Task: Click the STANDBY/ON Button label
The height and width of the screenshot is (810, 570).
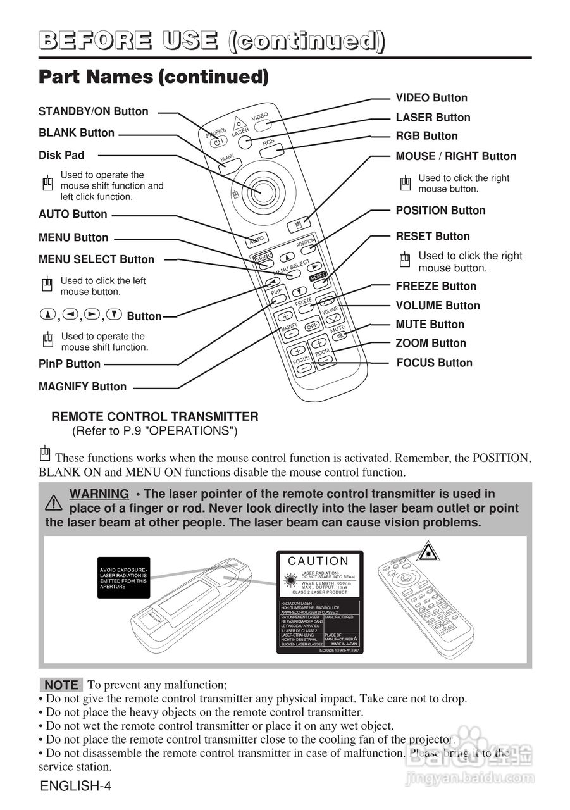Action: click(x=94, y=111)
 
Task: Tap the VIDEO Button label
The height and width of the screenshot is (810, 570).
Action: click(x=431, y=98)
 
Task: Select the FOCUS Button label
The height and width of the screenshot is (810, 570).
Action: click(x=434, y=363)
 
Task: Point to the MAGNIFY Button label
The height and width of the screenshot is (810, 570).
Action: click(x=82, y=387)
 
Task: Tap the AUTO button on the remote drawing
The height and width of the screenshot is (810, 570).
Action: click(x=256, y=240)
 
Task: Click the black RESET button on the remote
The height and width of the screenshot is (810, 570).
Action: click(x=318, y=276)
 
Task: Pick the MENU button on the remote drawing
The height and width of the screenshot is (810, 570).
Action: click(x=263, y=257)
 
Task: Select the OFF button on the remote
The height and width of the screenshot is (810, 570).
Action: click(x=312, y=327)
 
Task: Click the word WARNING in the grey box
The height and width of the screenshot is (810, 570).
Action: click(x=99, y=494)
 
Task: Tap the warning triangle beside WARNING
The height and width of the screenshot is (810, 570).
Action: click(x=54, y=503)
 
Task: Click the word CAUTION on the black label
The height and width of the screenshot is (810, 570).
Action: click(x=318, y=561)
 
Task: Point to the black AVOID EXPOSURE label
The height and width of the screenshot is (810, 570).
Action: click(x=123, y=578)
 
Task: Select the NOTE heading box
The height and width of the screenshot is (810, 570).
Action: click(x=61, y=685)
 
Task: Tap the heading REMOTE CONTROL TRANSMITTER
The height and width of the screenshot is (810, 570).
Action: click(x=154, y=417)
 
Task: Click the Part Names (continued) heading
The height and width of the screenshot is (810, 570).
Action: click(x=154, y=77)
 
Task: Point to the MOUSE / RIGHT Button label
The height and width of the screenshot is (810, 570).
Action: click(x=455, y=156)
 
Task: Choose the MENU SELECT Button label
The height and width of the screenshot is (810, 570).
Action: click(x=96, y=259)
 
